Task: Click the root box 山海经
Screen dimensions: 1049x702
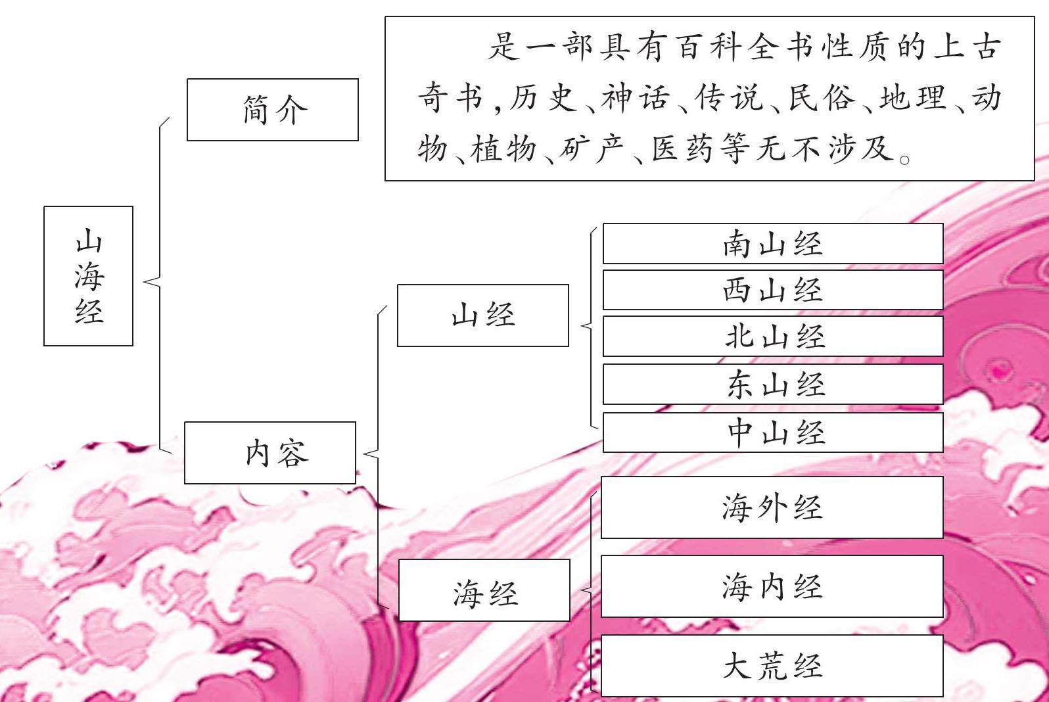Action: point(88,276)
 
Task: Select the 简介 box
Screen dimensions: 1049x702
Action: point(273,110)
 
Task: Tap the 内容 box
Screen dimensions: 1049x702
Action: point(270,453)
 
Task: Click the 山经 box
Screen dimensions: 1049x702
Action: point(483,316)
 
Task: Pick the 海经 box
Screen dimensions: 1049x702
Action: point(484,590)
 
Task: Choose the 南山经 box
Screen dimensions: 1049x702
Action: point(773,244)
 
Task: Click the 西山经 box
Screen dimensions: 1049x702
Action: point(773,290)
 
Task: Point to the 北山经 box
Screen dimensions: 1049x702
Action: point(773,337)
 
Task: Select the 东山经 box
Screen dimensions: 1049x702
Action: point(773,384)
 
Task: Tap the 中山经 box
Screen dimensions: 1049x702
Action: point(773,433)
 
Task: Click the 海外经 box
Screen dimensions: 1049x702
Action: point(772,507)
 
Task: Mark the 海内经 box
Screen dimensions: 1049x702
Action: point(772,586)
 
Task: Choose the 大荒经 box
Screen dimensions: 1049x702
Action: point(772,666)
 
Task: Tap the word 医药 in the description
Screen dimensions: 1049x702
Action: point(682,149)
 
